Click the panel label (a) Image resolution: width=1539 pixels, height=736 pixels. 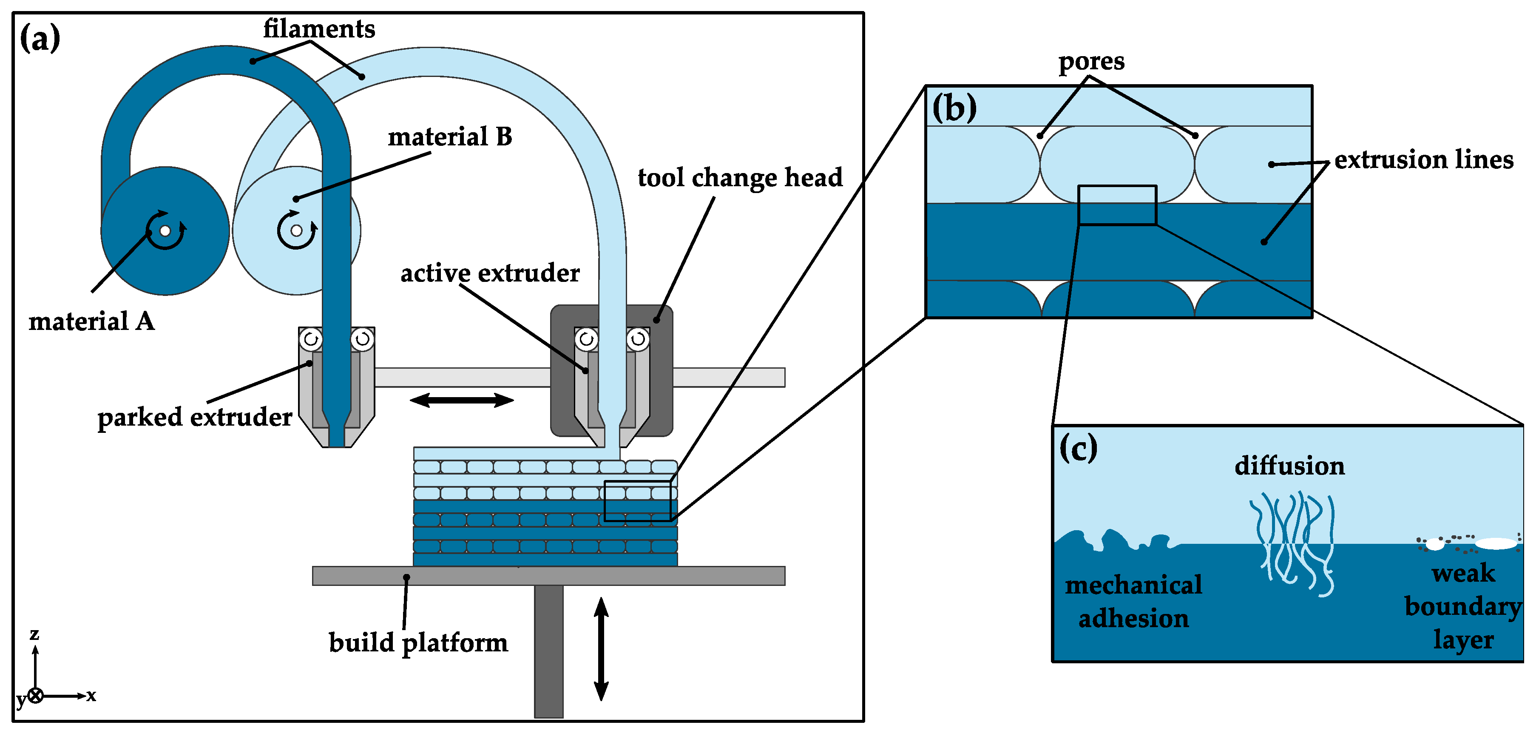[40, 39]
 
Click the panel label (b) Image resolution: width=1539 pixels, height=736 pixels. [954, 108]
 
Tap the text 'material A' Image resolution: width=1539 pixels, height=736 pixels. [91, 322]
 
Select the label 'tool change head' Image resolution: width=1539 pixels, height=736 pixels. [740, 178]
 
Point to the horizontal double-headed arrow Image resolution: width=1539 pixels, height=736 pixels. [461, 400]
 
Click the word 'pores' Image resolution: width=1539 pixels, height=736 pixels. [1091, 62]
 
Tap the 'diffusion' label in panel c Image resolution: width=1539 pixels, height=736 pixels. [1289, 466]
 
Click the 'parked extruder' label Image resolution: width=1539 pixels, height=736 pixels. [195, 418]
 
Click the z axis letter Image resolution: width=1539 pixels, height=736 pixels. [35, 634]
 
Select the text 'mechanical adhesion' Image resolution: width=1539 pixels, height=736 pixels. [1133, 602]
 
